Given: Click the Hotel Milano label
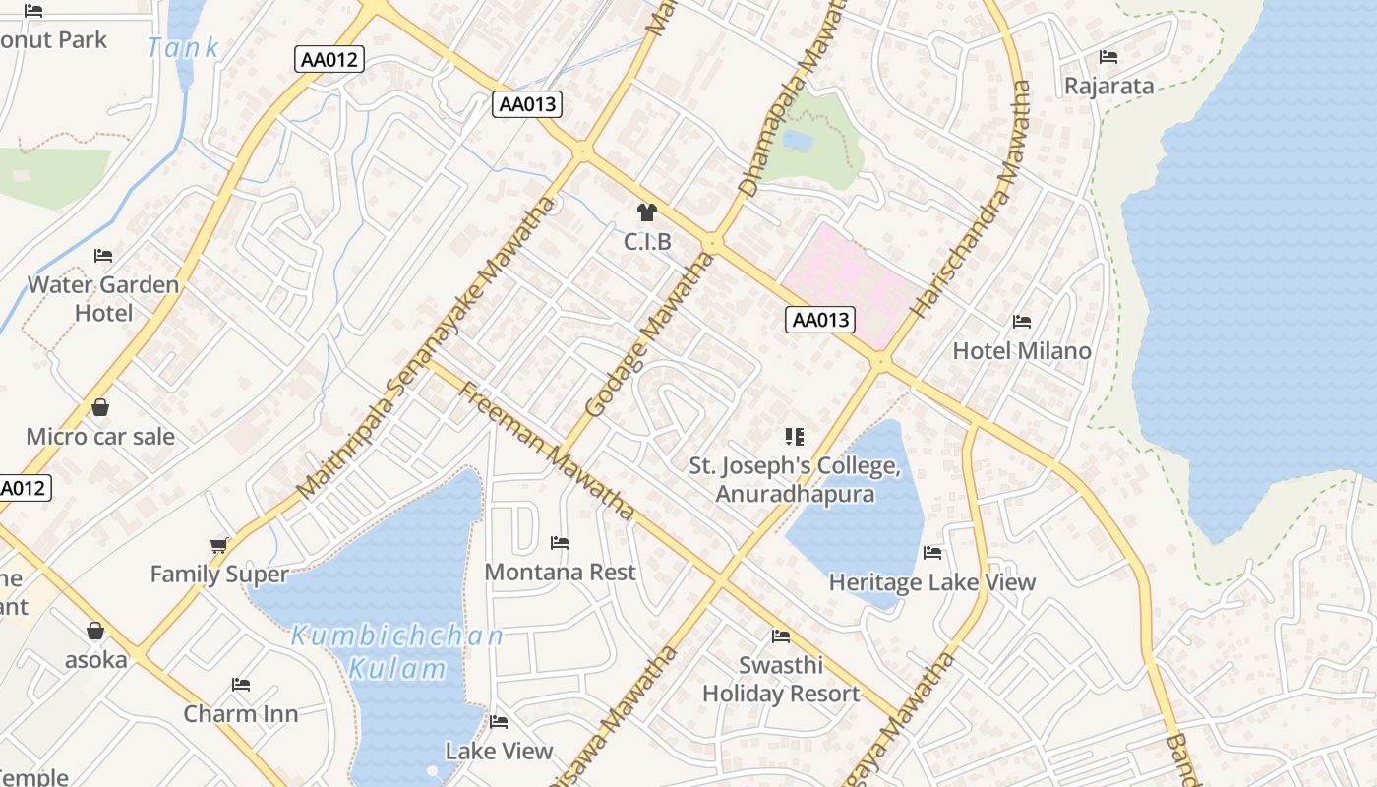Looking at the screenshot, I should [1022, 350].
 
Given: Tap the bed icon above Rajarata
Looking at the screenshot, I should [1108, 57].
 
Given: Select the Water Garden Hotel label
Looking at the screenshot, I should [103, 298].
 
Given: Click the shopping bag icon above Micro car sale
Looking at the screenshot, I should [100, 407].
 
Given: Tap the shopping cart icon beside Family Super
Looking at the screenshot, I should [219, 545].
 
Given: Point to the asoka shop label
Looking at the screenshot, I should [96, 659].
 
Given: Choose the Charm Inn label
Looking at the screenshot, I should [241, 713].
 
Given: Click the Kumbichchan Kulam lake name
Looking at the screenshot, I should [397, 651].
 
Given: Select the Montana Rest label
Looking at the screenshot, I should [560, 572].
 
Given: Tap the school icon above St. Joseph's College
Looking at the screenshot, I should [794, 436].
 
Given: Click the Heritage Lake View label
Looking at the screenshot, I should [931, 582].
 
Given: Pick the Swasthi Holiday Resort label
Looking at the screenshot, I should [781, 679].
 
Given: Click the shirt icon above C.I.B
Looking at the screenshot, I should [646, 212].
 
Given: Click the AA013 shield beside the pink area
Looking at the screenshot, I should [820, 320].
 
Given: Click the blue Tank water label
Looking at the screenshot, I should [183, 47].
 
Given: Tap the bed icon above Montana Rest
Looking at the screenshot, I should [560, 543].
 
